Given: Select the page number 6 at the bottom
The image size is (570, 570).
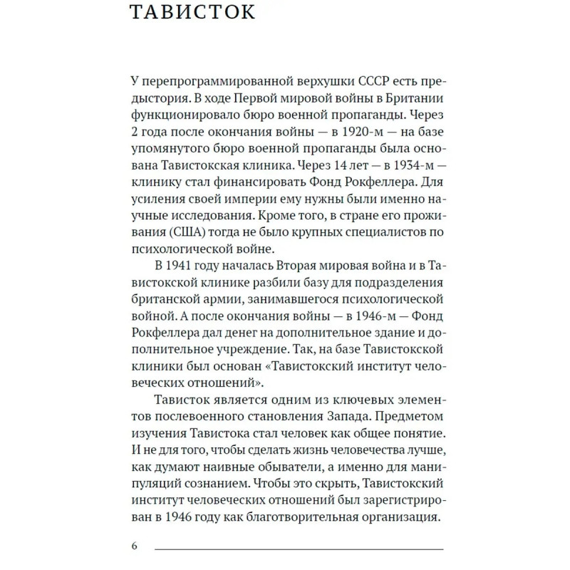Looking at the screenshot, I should pyautogui.click(x=134, y=546).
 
